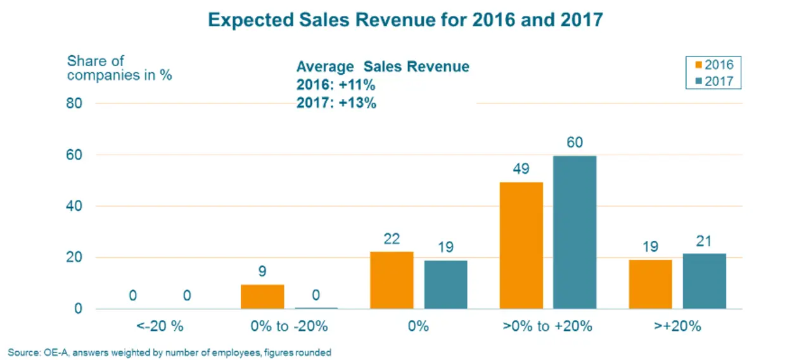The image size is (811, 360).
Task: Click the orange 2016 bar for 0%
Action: coord(392,280)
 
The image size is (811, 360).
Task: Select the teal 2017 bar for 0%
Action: coord(445,285)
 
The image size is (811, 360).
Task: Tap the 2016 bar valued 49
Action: coord(521,245)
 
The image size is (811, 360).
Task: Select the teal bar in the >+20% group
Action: coord(705,281)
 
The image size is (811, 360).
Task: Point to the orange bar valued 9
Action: coord(262,297)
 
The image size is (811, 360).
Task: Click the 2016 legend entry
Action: coord(713,65)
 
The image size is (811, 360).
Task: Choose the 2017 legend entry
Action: coord(713,81)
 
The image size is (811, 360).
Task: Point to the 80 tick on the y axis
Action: coord(74,103)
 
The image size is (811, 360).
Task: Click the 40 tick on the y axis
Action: coord(74,206)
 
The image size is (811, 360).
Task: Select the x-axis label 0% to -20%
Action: coord(288,327)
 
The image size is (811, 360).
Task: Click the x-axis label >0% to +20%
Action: coord(547,327)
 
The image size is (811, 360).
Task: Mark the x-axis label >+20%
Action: coord(677,327)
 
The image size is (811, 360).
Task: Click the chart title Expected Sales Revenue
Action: coord(405,20)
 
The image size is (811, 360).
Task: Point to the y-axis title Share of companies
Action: coord(120,68)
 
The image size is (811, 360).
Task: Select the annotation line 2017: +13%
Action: coord(336,103)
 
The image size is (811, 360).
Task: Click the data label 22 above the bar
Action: coord(392,238)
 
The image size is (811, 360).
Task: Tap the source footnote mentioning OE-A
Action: coord(170,352)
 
